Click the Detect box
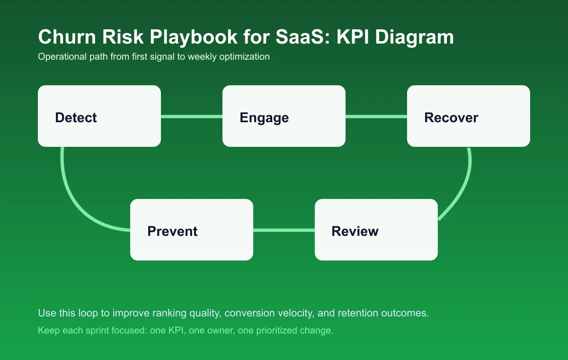(99, 116)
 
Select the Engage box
(284, 116)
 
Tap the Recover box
(469, 116)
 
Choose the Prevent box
(192, 230)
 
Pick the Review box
(376, 230)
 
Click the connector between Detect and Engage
(192, 116)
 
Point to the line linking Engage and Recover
(376, 116)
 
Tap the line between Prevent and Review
(284, 230)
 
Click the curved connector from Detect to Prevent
(71, 194)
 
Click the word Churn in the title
(64, 37)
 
